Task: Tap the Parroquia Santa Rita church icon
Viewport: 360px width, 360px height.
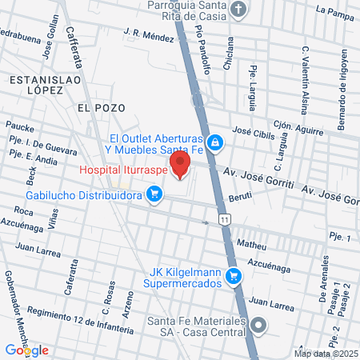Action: pos(238,10)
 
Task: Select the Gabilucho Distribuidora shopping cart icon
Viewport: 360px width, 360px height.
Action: pos(155,194)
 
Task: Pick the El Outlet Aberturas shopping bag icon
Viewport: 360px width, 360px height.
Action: pos(214,142)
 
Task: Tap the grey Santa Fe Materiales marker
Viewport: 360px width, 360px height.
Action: pos(258,325)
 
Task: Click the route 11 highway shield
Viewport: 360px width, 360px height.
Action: pos(226,219)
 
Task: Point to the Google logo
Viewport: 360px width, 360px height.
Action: pos(26,350)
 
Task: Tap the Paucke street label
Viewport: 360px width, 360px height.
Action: pos(18,126)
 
